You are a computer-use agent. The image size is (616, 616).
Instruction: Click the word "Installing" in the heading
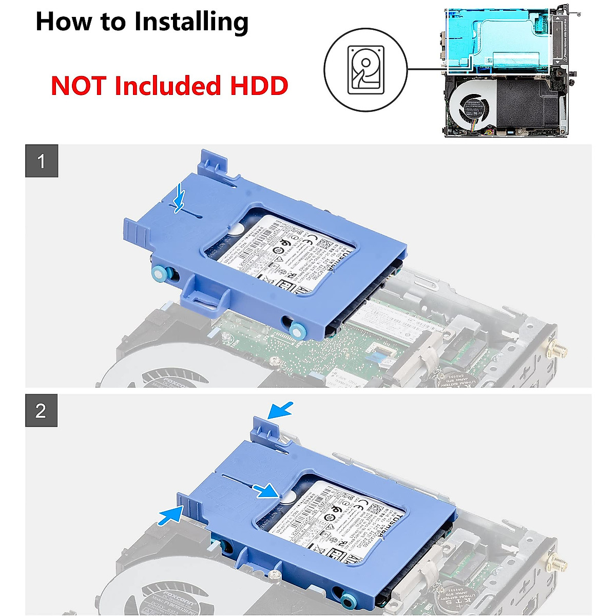[191, 23]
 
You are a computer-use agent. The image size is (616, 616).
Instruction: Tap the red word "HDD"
[259, 86]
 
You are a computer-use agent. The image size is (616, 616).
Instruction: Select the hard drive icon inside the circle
[365, 70]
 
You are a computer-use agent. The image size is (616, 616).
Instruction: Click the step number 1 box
[42, 161]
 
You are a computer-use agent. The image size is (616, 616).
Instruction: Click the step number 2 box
[41, 411]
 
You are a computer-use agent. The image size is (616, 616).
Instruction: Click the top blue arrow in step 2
[281, 410]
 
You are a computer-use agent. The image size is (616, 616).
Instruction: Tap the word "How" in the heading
[56, 23]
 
